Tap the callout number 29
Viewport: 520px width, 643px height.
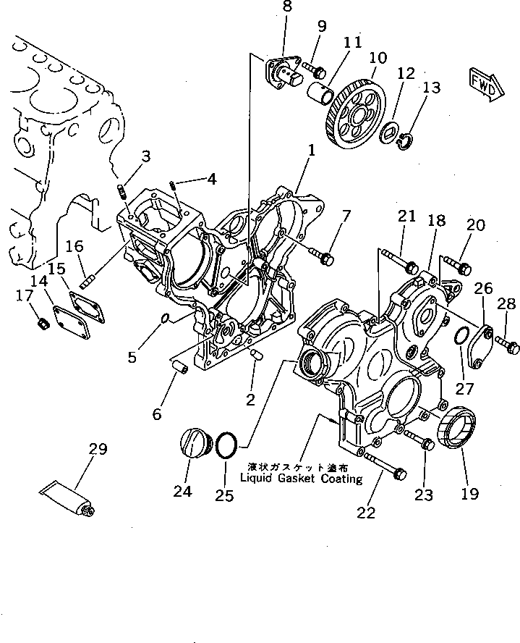click(x=98, y=450)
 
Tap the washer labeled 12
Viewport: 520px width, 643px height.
click(x=390, y=130)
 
